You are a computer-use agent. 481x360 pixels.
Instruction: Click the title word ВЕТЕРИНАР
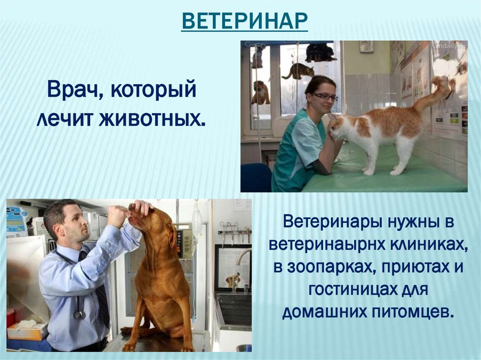pos(244,21)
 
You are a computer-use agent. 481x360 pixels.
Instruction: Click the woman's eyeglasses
pos(325,97)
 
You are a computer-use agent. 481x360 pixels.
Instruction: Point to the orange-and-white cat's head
pos(337,128)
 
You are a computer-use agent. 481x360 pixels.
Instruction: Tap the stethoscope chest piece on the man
pos(79,314)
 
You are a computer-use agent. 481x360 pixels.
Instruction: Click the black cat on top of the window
pos(319,52)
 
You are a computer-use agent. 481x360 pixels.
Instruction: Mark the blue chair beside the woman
pos(256,177)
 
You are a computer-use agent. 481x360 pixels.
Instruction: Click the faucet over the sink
pos(242,257)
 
